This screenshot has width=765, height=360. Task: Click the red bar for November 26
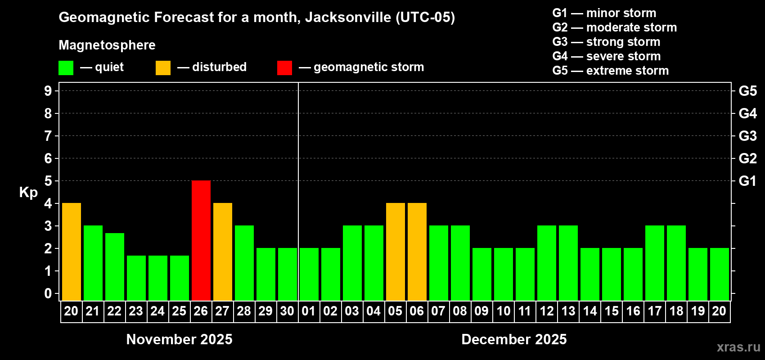point(201,240)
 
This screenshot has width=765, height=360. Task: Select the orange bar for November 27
point(223,252)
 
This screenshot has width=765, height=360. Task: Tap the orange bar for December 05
point(396,252)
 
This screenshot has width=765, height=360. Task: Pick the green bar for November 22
point(115,266)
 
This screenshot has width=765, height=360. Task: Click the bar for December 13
point(568,263)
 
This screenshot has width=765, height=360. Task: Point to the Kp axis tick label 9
point(48,91)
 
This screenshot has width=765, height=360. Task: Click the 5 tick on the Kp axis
point(48,181)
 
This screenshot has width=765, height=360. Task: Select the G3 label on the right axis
point(747,136)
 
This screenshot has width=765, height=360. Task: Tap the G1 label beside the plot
point(747,181)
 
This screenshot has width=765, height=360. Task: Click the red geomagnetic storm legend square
point(284,68)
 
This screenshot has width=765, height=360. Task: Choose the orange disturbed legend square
point(163,68)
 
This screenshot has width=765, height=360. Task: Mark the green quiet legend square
point(66,68)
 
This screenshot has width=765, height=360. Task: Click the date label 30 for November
point(287,311)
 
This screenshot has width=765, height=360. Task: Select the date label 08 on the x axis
point(460,311)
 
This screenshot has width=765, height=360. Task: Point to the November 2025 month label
point(179,339)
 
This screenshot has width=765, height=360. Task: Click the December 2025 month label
point(514,339)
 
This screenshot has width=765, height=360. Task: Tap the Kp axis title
point(28,193)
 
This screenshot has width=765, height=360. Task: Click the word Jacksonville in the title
point(348,17)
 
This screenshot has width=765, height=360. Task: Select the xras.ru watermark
point(738,347)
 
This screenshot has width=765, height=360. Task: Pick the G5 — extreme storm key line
point(610,71)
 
